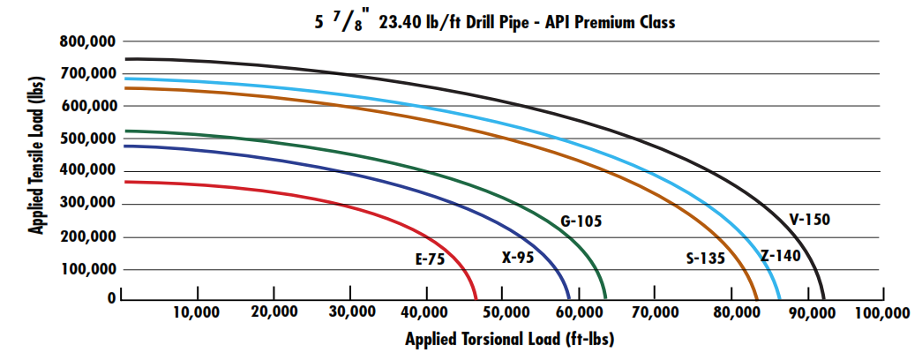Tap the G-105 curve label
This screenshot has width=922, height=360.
[581, 221]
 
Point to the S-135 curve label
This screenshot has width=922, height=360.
[705, 259]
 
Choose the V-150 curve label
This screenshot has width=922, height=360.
[809, 220]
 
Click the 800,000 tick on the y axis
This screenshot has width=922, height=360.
[87, 41]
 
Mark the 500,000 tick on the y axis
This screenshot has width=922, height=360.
[87, 139]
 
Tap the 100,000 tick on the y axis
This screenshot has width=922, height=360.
[87, 269]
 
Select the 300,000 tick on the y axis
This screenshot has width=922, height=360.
[87, 204]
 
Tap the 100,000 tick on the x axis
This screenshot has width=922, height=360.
[881, 313]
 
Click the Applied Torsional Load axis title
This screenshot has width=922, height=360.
[509, 339]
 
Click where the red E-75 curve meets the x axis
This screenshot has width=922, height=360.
[476, 300]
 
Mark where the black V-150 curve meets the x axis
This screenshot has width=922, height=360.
[823, 300]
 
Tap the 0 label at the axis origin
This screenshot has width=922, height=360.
[112, 299]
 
